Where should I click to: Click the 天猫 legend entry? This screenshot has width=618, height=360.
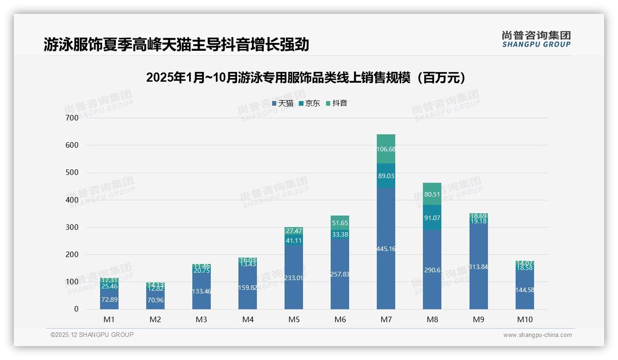[282, 103]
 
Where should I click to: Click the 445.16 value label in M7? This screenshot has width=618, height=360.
[386, 249]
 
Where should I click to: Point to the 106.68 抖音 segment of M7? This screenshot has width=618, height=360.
[386, 149]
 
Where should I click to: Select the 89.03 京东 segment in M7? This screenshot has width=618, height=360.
[386, 176]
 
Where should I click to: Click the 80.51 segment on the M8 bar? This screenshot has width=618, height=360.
[432, 194]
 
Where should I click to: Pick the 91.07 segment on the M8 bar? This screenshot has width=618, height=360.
[432, 218]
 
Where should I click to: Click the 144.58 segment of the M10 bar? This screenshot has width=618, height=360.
[525, 290]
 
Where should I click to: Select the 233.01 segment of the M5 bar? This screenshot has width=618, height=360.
[294, 278]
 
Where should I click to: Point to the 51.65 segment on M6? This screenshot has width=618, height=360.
[340, 223]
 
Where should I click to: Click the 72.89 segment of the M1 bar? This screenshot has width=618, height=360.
[109, 300]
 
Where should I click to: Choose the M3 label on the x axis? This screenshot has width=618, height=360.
[202, 319]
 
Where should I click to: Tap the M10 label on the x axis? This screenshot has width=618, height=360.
[525, 319]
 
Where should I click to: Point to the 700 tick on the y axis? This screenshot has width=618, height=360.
[72, 118]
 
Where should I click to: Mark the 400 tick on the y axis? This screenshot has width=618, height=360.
[72, 200]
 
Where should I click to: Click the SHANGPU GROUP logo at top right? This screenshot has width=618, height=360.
[536, 39]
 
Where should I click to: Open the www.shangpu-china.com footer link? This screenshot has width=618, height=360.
[537, 335]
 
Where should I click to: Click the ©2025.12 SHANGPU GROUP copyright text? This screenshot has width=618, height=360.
[92, 335]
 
